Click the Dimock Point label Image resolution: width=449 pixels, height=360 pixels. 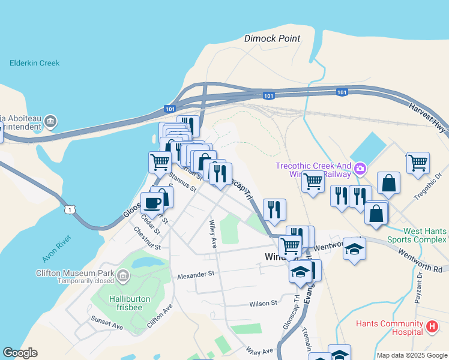tap(272, 38)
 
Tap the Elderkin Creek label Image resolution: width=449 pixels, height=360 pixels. tap(34, 63)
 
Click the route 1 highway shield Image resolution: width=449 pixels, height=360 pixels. tap(71, 209)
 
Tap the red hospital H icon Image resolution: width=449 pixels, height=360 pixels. tap(432, 327)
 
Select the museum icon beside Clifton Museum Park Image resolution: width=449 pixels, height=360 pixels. tap(123, 276)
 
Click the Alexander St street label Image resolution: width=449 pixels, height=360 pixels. tap(195, 274)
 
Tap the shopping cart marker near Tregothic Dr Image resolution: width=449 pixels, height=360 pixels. tap(418, 162)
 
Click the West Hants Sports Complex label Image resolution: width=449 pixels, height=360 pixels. tap(416, 235)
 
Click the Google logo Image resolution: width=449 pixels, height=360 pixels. tap(20, 353)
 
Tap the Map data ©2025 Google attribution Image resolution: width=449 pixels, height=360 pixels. tap(412, 355)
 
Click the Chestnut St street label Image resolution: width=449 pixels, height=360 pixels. tap(147, 239)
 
